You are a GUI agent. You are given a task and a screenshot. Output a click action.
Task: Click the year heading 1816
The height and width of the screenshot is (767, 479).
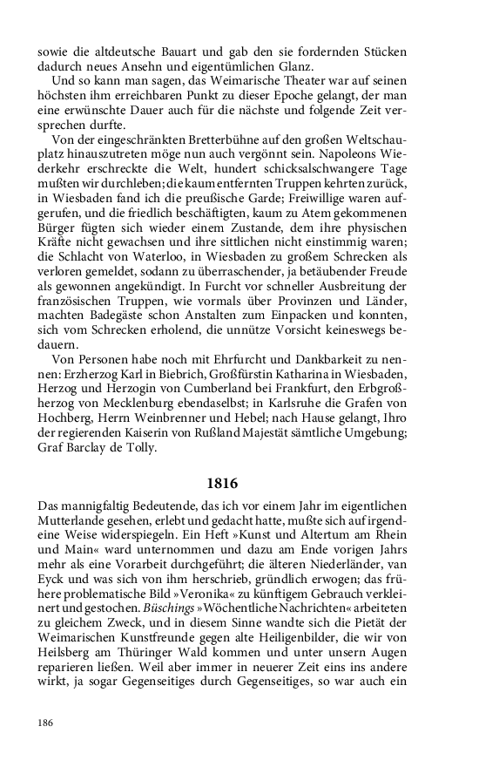tap(239, 482)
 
